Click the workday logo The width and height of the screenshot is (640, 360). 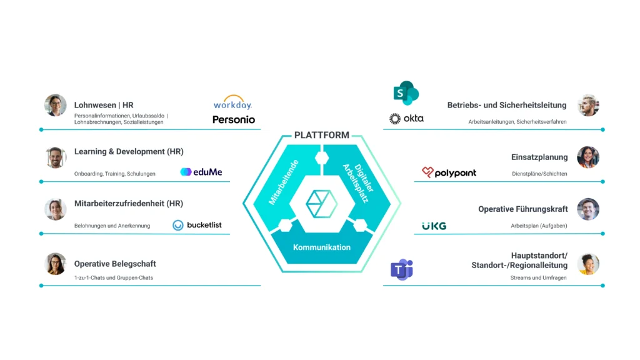pos(232,102)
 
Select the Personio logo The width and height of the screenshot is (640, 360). pos(234,119)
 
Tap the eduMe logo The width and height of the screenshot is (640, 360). pos(201,172)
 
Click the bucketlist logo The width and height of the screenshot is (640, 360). pos(197,225)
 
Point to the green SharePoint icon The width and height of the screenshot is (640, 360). pos(406,93)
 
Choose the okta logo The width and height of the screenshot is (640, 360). pos(406,118)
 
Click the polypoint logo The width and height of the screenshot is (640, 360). pos(449,172)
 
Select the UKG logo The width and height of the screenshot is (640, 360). pos(434,226)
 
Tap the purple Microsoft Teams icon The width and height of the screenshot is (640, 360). pos(402,269)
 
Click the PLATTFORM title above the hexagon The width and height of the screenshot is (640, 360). pos(322,135)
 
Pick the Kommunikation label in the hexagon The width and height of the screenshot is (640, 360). pos(322,247)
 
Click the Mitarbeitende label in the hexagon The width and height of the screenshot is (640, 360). pos(284,182)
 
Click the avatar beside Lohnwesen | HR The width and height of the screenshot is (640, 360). pos(55,105)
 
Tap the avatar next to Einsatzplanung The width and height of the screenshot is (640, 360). pos(587,157)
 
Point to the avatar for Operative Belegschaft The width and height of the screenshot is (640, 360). pos(55,264)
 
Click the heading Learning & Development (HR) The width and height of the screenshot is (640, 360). pos(129,151)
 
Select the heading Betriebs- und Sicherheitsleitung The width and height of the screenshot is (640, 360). pos(507,105)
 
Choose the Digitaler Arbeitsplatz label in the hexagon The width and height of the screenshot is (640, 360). pos(359,182)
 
